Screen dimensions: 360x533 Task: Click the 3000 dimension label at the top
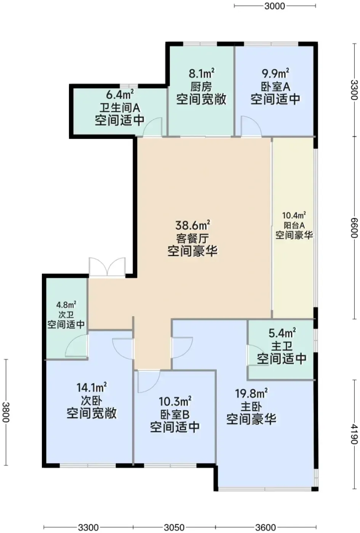(275, 6)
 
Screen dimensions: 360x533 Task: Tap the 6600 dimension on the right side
(355, 228)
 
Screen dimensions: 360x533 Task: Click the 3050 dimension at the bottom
(174, 528)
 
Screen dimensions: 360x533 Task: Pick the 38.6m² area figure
(193, 225)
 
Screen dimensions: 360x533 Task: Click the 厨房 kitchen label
(201, 87)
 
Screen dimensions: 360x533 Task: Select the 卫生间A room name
(120, 108)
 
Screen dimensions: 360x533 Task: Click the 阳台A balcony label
(294, 225)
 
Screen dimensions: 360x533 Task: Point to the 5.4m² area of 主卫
(282, 334)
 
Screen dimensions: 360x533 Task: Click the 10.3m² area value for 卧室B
(175, 402)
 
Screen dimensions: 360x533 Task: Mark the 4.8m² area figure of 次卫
(66, 305)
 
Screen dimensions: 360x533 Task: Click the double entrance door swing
(107, 267)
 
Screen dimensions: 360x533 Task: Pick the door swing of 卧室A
(251, 126)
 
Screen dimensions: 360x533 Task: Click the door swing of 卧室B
(149, 381)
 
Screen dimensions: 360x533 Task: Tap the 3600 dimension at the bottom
(266, 528)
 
